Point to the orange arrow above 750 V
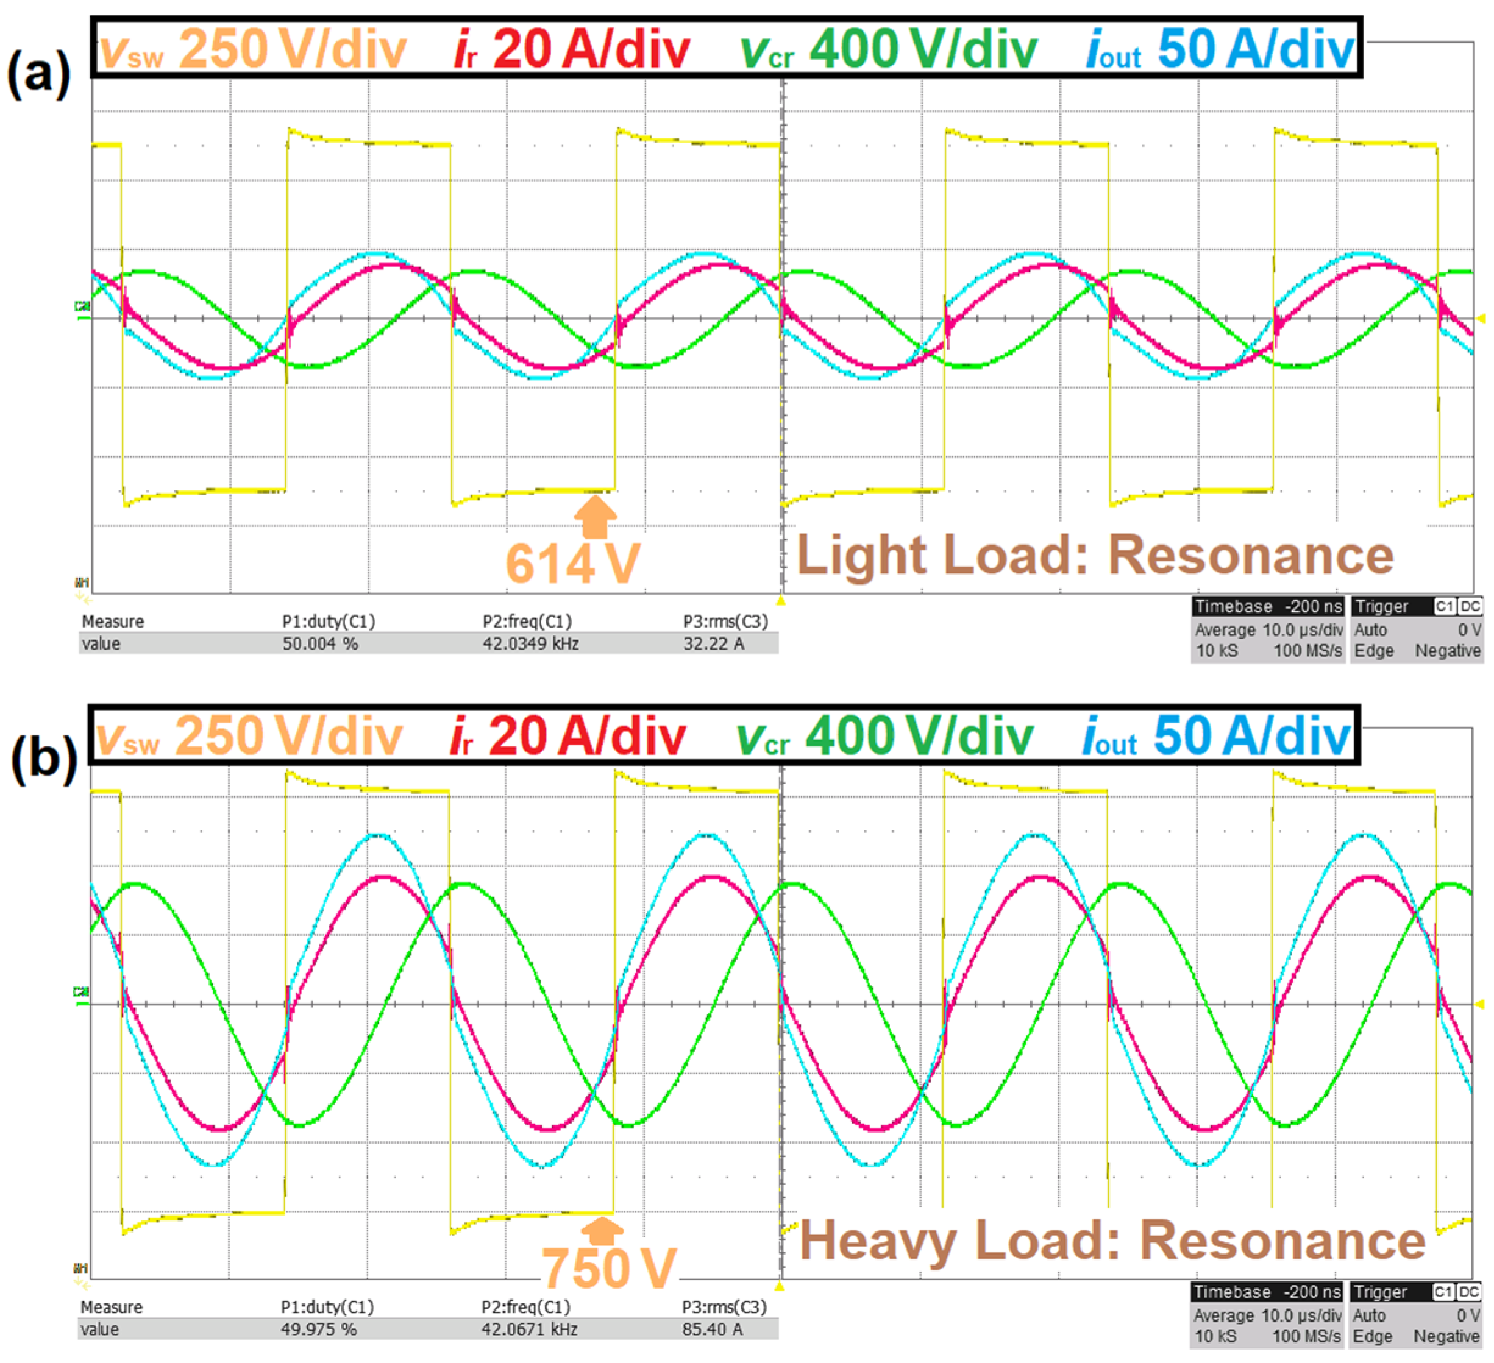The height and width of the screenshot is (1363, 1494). tap(602, 1231)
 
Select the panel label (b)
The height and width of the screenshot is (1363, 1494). tap(43, 761)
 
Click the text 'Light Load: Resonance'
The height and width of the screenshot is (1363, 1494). tap(1095, 556)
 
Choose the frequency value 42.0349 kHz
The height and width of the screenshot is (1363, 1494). tap(530, 643)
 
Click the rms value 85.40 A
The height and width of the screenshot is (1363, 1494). tap(711, 1329)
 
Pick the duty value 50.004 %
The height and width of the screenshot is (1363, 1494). tap(319, 643)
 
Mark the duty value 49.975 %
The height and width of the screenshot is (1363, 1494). tap(318, 1329)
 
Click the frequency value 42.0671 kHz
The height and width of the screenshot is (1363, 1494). tap(528, 1329)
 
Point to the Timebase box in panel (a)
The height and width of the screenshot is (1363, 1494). tap(1268, 629)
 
